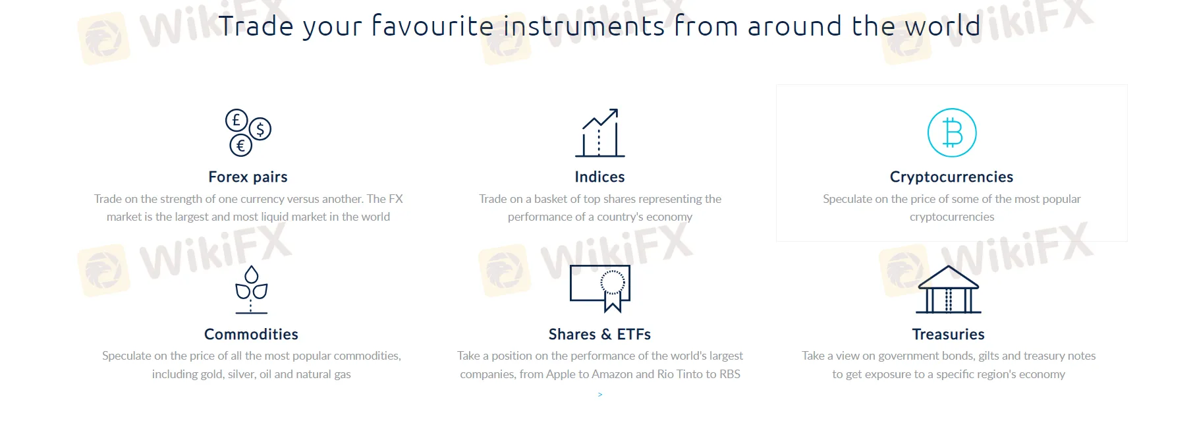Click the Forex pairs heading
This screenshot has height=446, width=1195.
[x=248, y=177]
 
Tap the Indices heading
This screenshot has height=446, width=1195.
[x=599, y=177]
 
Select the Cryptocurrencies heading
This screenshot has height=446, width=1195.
[x=951, y=177]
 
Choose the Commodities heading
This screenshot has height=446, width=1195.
[x=251, y=334]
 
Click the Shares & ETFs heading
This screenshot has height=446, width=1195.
[x=599, y=334]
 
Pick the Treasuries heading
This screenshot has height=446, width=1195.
[x=948, y=334]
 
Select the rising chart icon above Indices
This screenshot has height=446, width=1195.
[x=599, y=132]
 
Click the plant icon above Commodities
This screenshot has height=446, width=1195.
[x=252, y=289]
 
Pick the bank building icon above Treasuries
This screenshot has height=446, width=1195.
[x=949, y=289]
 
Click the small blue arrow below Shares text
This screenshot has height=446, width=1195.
[x=600, y=395]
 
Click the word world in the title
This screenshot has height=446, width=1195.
[x=943, y=26]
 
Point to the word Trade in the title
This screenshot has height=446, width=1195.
[x=256, y=26]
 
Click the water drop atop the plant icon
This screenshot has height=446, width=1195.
[x=252, y=274]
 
